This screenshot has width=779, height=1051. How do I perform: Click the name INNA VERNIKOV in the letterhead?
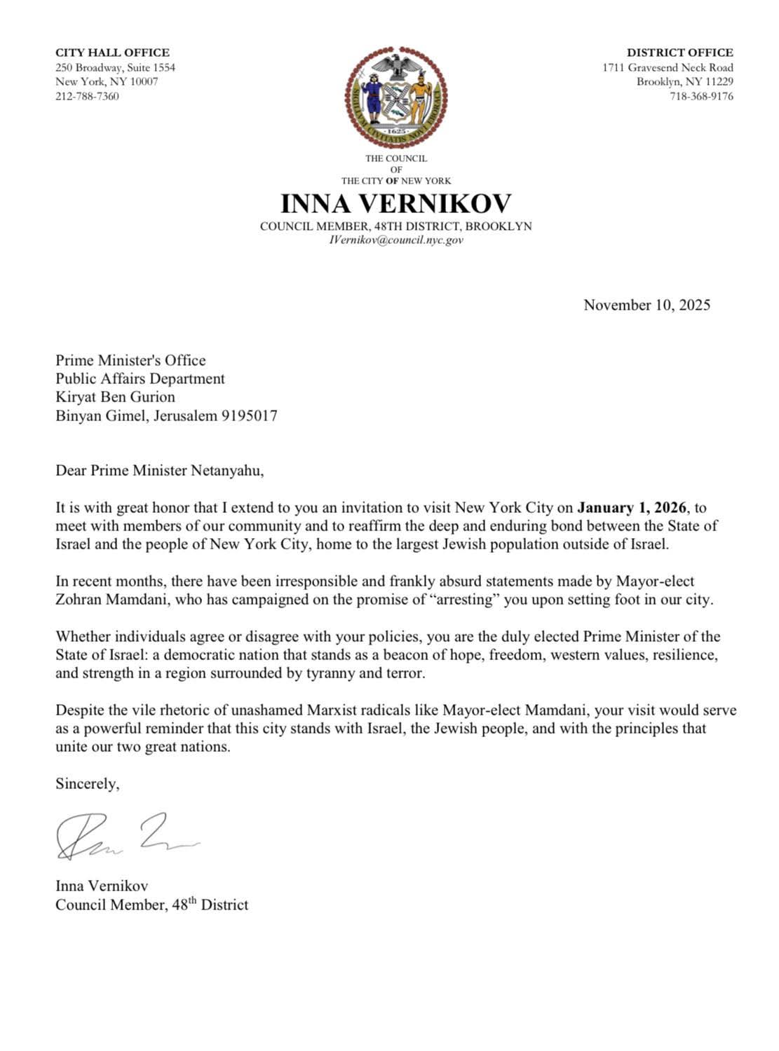coord(395,203)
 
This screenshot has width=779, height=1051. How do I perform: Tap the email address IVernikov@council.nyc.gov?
coord(395,240)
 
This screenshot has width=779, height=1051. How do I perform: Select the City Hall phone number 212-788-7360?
coord(87,96)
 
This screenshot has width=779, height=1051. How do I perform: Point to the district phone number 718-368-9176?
coord(701,96)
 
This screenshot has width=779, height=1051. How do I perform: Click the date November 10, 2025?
coord(646,305)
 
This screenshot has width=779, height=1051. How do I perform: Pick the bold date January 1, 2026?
coord(631,507)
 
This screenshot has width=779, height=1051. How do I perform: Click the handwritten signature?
coord(126,837)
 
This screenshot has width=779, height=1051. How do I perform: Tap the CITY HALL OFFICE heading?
coord(112,53)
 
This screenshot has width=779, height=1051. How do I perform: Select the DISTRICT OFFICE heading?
coord(679,53)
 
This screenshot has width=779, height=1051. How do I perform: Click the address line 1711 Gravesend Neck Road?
coord(668,67)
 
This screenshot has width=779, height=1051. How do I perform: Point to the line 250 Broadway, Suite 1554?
coord(115,67)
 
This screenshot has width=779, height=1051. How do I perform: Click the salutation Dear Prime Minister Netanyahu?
coord(160,470)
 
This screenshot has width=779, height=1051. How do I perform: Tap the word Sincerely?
coord(88,783)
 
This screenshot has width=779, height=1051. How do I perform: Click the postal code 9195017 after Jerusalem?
coord(250,415)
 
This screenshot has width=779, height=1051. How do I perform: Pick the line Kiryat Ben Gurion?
coord(115,397)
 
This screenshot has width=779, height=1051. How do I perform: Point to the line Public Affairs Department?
coord(140,378)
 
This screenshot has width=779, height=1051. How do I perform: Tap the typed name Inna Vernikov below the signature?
coord(102,886)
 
